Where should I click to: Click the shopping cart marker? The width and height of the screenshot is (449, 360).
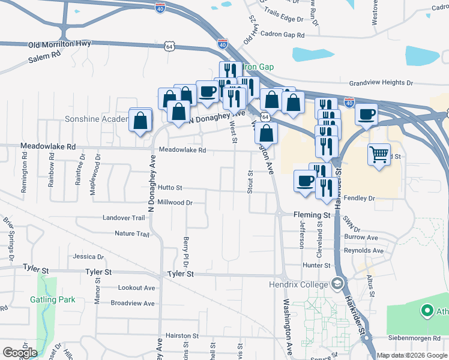(379, 155)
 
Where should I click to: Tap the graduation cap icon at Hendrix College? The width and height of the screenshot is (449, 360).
(338, 282)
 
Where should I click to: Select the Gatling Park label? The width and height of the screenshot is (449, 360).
(53, 299)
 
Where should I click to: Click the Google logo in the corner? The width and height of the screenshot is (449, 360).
(20, 353)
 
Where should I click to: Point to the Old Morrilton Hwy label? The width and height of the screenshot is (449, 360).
(59, 45)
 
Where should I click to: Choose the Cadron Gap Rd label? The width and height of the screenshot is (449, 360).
(283, 35)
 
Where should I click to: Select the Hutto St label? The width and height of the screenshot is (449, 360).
(170, 188)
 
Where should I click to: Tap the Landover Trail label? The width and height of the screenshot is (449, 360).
(124, 218)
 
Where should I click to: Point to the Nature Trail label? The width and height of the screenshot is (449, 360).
(131, 234)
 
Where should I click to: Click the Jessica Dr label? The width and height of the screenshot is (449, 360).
(88, 257)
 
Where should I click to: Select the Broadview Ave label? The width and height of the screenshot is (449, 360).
(133, 304)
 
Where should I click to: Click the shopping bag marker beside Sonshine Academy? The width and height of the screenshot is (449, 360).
(140, 120)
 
